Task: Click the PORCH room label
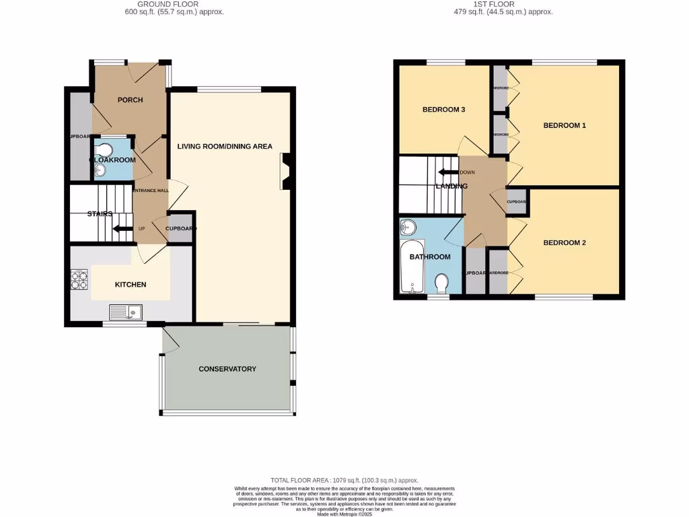click(x=130, y=100)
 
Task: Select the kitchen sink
click(x=126, y=312)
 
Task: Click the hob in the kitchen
click(x=79, y=279)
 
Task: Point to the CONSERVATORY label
click(x=227, y=369)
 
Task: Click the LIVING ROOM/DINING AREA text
click(x=225, y=146)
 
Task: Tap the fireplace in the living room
click(x=285, y=172)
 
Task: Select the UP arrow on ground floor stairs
click(x=122, y=229)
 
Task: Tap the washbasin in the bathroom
click(x=408, y=228)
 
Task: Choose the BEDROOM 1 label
click(x=565, y=126)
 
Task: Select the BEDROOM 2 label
click(x=565, y=243)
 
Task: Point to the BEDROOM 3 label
click(x=443, y=110)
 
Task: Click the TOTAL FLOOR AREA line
click(x=344, y=480)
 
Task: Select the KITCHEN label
click(x=131, y=285)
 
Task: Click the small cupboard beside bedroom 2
click(x=516, y=202)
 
